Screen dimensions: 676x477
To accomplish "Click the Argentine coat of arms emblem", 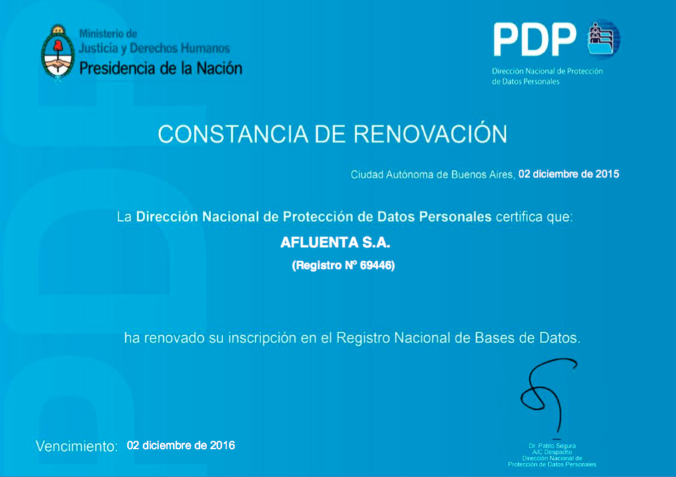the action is [x=58, y=53].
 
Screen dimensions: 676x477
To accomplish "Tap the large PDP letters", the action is [x=535, y=40].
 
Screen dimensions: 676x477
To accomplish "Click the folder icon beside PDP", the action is [x=603, y=39].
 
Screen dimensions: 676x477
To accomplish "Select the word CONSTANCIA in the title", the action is [x=233, y=134].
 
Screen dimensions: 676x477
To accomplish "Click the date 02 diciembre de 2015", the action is [x=569, y=174].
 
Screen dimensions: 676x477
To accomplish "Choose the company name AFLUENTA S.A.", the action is [x=335, y=242].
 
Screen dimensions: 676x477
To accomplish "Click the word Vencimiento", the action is [x=77, y=446].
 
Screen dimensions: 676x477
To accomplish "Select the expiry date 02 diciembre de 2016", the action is [x=181, y=445].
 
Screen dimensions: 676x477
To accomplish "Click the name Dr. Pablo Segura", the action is [x=552, y=446].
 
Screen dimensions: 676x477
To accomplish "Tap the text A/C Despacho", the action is [x=552, y=452].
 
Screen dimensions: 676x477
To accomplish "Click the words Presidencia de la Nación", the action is [x=161, y=68].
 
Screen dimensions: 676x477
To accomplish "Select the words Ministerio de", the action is [x=108, y=33].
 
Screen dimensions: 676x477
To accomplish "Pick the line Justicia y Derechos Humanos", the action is [x=155, y=48].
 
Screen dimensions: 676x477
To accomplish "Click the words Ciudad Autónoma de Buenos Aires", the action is [x=432, y=174].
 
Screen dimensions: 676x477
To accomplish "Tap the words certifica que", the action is [x=535, y=216].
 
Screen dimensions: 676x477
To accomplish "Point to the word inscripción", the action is [x=262, y=339].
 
